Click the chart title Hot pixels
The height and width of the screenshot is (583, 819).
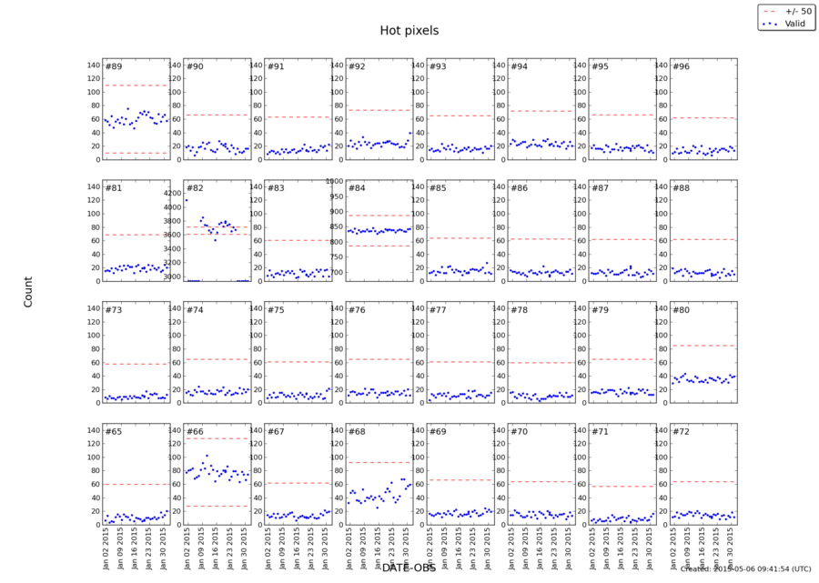coord(409,31)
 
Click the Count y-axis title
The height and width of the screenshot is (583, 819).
coord(28,292)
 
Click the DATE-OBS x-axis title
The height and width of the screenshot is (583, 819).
coord(409,568)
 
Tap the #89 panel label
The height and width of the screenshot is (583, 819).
coord(114,66)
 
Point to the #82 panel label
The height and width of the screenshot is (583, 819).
coord(195,188)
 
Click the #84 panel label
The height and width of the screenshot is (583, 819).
coord(357,188)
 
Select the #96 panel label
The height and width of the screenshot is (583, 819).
coord(680,66)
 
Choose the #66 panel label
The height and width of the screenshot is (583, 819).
coord(195,431)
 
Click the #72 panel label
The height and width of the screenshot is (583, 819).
coord(680,431)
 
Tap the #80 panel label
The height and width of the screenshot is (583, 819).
coord(680,310)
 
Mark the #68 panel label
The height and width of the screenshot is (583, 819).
coord(357,431)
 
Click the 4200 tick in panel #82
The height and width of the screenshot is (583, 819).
coord(175,194)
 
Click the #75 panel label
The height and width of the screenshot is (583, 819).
coord(276,310)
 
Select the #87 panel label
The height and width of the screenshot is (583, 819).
coord(599,188)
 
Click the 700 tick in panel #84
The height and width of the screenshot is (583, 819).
coord(337,273)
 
